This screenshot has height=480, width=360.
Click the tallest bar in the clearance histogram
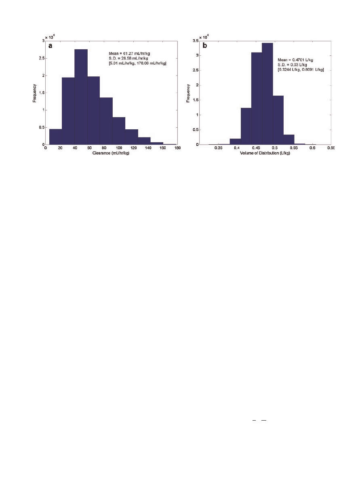coord(81,97)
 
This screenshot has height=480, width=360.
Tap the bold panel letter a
coord(51,46)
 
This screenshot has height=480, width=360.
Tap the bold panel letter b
coord(205,46)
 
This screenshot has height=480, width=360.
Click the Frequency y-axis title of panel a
coord(35,93)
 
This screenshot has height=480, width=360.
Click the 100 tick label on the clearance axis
coord(119,148)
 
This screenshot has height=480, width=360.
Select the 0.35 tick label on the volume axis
coord(218,148)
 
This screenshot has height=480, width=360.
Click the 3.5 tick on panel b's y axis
coord(195,41)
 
